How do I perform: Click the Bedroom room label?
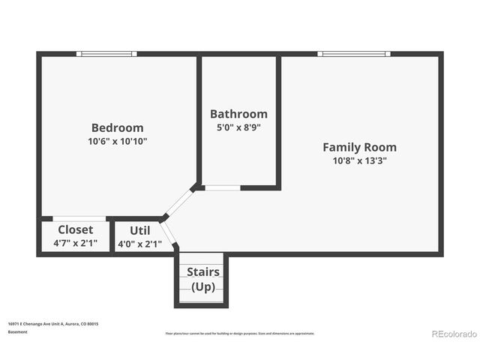click(x=117, y=127)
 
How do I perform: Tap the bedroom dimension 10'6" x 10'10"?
click(x=117, y=141)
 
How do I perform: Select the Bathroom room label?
click(x=238, y=114)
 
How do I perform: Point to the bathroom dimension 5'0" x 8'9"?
click(x=238, y=127)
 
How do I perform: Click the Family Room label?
click(x=359, y=147)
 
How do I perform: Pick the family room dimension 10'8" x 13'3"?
click(x=359, y=160)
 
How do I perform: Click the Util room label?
click(x=139, y=230)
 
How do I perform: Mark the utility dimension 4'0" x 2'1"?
click(x=139, y=244)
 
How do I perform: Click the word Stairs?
click(x=202, y=271)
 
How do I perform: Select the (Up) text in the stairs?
click(x=202, y=286)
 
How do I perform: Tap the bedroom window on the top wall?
click(x=107, y=54)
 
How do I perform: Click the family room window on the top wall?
click(x=353, y=54)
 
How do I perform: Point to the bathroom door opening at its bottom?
click(x=222, y=187)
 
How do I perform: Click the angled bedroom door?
click(x=178, y=202)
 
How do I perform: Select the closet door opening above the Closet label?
click(x=79, y=219)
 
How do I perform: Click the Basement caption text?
click(x=18, y=331)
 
